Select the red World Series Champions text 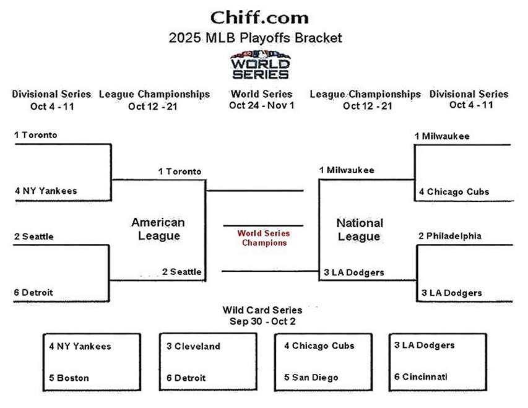coord(264,238)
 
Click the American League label coord(158,228)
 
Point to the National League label coord(360,229)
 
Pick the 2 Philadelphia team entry coord(450,236)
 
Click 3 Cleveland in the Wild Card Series coord(193,346)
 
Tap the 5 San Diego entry coord(311,378)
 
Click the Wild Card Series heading coord(262,310)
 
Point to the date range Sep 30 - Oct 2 coord(262,321)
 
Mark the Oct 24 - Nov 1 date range coord(261,105)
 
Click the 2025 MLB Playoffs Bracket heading coord(255,38)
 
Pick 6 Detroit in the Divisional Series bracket coord(33,292)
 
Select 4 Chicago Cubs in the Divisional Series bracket coord(454,191)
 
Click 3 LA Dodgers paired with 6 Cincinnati coord(424,345)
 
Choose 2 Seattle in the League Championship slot coord(182,271)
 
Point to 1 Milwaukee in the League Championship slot coord(347,170)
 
